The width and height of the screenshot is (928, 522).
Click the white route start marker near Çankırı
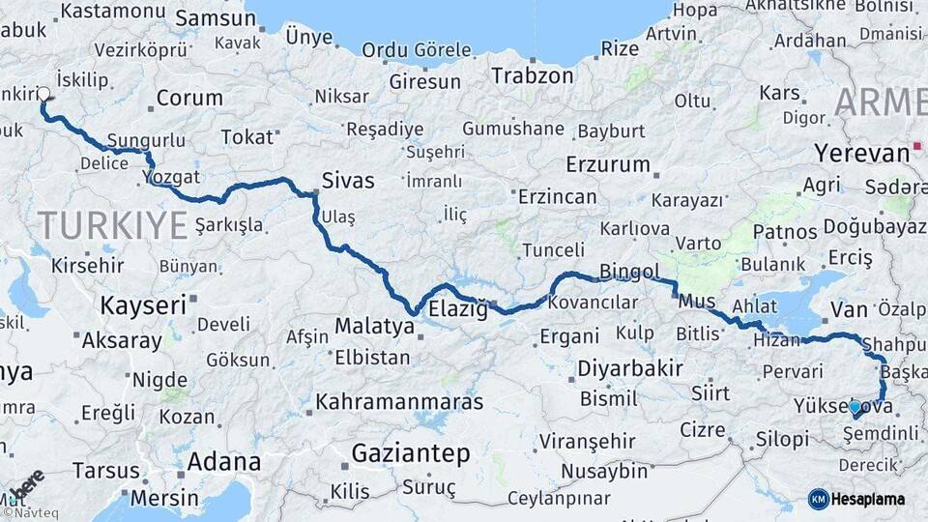click(43, 95)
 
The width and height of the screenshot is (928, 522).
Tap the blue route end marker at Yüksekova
click(855, 408)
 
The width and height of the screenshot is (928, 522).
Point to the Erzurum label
click(608, 163)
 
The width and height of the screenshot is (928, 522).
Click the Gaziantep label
click(410, 453)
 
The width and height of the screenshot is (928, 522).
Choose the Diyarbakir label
click(629, 368)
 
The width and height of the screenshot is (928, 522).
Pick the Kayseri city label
click(142, 306)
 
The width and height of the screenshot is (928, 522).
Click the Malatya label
click(374, 327)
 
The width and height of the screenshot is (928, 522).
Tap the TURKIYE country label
click(112, 225)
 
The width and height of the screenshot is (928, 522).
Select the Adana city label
click(223, 461)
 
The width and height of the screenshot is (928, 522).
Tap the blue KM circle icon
click(819, 499)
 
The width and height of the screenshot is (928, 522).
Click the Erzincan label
click(557, 196)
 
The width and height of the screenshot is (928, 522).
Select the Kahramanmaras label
click(399, 399)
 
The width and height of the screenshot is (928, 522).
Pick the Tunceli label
click(553, 250)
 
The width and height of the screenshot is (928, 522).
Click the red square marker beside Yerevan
click(916, 150)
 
